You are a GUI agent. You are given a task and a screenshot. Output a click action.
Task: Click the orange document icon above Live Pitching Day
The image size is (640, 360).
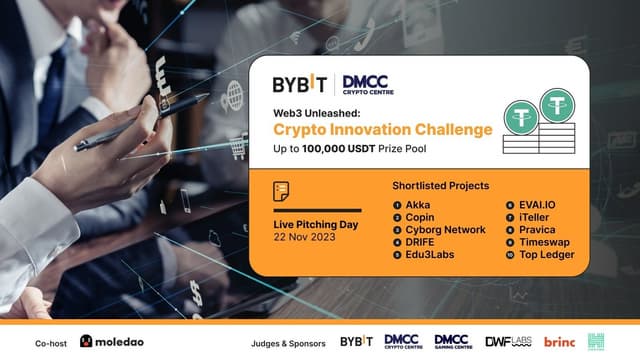[x=282, y=192]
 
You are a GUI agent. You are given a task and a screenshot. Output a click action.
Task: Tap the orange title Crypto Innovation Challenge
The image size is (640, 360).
[x=370, y=129]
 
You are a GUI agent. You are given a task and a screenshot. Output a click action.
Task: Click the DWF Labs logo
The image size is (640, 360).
[x=506, y=341]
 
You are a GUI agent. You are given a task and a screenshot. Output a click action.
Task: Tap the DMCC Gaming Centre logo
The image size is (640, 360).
[x=452, y=341]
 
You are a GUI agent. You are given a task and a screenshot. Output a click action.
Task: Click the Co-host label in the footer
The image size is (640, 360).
[x=51, y=341]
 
